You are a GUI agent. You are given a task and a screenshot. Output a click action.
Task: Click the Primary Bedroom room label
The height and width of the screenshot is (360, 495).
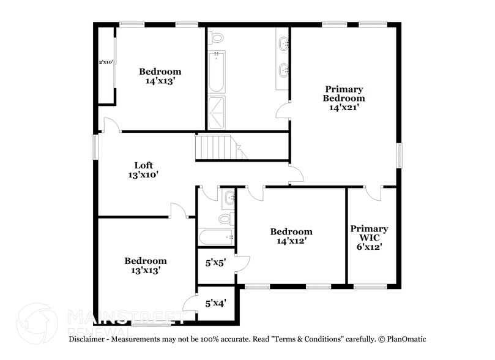tap(343, 94)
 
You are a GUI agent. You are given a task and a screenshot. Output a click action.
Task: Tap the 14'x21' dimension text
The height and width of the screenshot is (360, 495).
tap(343, 107)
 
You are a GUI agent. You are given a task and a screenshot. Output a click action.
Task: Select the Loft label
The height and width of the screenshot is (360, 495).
tap(144, 165)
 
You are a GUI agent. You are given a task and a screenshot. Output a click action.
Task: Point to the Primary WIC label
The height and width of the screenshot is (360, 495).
tap(369, 233)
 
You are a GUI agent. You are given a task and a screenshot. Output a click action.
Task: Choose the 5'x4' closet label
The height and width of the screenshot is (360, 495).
tap(215, 303)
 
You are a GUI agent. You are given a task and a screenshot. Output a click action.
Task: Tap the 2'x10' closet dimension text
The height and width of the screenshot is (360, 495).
tap(106, 62)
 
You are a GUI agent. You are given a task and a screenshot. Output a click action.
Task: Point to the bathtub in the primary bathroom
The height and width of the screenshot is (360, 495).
tap(216, 72)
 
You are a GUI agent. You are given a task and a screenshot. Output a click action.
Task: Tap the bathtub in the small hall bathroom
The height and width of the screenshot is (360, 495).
tap(216, 237)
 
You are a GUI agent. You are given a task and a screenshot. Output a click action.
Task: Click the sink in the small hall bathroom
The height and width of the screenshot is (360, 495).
tap(229, 197)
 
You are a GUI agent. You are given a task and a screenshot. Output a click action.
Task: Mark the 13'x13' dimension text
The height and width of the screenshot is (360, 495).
tap(145, 270)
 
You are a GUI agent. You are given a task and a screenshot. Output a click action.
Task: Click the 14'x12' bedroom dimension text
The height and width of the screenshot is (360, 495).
tap(291, 241)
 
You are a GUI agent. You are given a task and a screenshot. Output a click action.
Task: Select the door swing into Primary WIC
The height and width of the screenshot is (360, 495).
tap(370, 193)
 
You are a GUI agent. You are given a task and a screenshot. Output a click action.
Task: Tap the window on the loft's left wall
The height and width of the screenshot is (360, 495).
tap(95, 147)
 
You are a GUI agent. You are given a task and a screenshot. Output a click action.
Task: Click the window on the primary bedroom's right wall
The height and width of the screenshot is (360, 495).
tap(400, 155)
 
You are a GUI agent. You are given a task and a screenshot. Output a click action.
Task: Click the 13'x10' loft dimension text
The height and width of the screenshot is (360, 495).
tap(144, 174)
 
